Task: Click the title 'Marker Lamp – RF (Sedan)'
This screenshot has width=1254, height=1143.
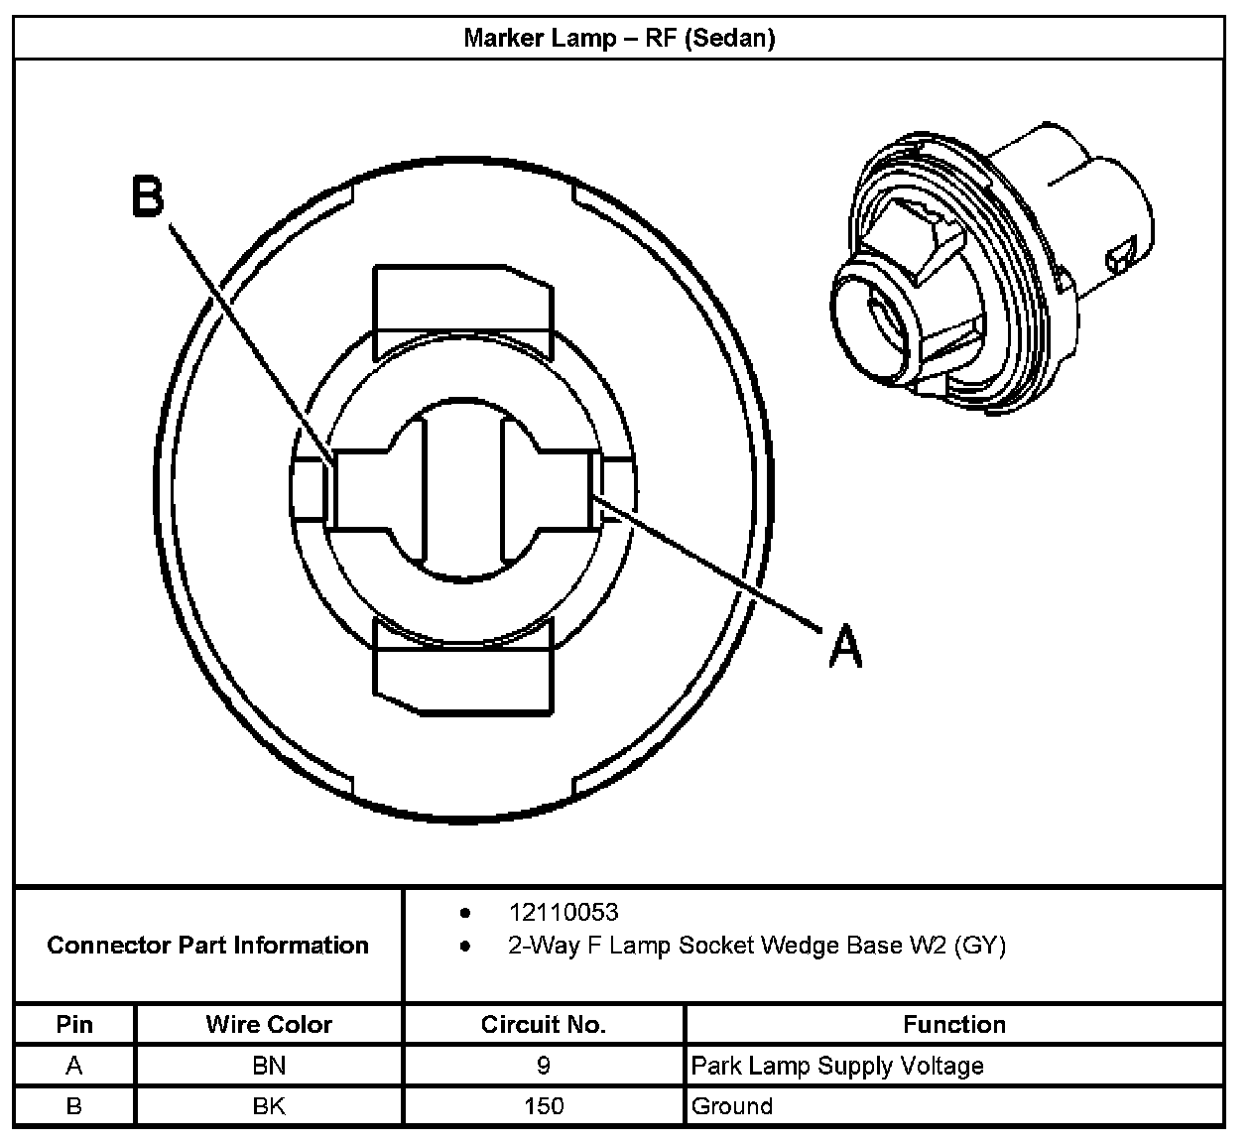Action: tap(619, 39)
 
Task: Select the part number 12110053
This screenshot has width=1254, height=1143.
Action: tap(563, 912)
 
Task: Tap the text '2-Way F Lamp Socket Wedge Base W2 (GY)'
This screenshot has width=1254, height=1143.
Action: tap(756, 946)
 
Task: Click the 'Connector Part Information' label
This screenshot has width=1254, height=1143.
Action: tap(207, 945)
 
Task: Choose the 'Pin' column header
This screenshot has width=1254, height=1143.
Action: tap(74, 1024)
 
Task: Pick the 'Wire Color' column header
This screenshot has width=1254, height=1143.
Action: tap(269, 1024)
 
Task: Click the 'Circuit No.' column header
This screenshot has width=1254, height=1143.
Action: tap(543, 1024)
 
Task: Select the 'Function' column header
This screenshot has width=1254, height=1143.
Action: tap(953, 1024)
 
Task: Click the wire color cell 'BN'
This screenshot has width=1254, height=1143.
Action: tap(269, 1066)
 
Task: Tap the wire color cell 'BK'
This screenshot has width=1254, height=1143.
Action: tap(269, 1105)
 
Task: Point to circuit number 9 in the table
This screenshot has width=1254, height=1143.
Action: tap(543, 1066)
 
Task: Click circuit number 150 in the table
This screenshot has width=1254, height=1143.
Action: tap(543, 1105)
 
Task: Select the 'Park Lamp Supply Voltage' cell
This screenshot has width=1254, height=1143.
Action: tap(837, 1066)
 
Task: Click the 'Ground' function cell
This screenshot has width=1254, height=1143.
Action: tap(732, 1105)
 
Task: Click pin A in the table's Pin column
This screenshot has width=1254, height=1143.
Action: tap(74, 1066)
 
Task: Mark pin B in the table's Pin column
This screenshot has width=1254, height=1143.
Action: tap(74, 1105)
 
